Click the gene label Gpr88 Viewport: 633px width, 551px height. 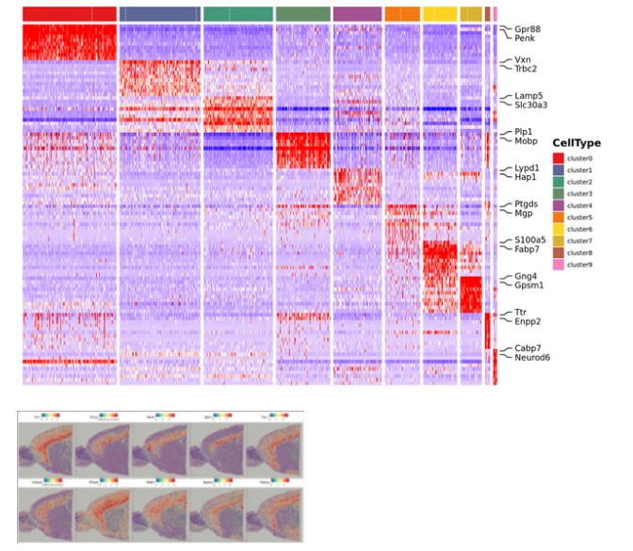(x=527, y=28)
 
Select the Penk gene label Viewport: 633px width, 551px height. (x=526, y=40)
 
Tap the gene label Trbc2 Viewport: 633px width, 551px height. (x=527, y=68)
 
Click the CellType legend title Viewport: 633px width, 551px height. (x=577, y=142)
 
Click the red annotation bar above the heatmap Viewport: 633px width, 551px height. (x=69, y=14)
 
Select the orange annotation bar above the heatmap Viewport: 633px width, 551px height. (x=402, y=14)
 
